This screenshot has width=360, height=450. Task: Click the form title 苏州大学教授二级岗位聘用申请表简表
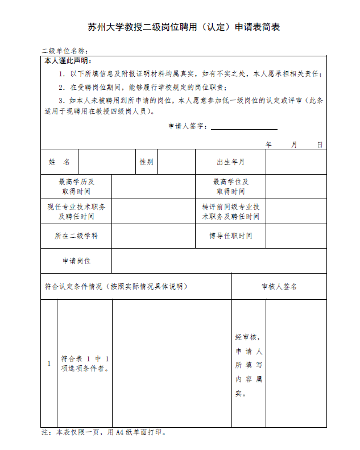184,27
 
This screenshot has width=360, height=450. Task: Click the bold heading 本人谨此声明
67,61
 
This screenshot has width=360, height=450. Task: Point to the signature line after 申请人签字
244,126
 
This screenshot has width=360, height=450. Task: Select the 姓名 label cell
59,162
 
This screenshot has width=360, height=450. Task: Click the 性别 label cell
147,162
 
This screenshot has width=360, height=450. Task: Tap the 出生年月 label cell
230,162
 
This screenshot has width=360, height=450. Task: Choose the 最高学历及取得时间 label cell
76,187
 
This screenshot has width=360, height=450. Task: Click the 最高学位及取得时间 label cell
230,187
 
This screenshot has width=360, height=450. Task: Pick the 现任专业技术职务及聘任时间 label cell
76,211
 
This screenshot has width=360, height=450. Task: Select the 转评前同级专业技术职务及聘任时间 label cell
230,211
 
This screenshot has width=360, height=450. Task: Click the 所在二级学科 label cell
76,236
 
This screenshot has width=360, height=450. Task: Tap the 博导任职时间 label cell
230,236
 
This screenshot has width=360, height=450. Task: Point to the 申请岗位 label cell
76,261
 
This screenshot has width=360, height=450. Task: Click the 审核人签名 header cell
279,286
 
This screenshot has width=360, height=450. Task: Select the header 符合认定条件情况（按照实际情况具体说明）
116,286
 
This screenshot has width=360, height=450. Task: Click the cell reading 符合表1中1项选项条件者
85,363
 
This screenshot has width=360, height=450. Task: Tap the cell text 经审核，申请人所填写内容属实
249,365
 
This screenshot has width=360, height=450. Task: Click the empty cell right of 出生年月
296,162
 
